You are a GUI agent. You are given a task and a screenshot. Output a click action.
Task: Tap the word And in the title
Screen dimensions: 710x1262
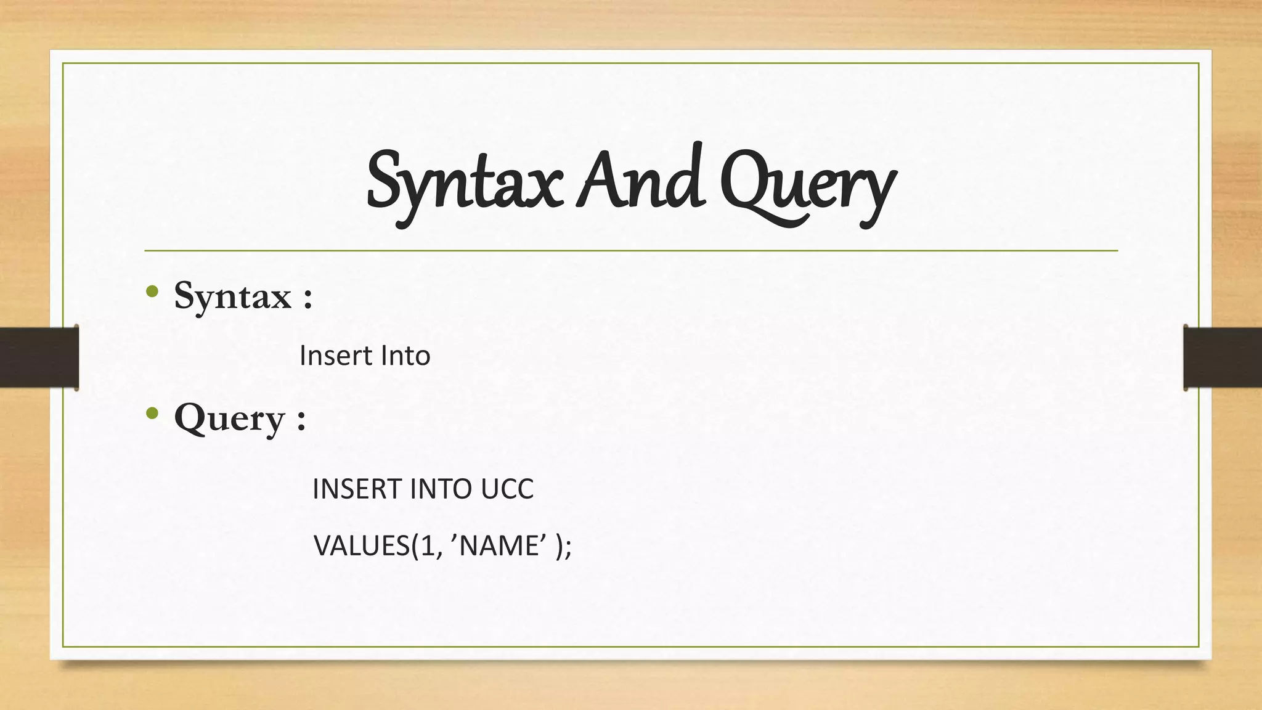(x=641, y=179)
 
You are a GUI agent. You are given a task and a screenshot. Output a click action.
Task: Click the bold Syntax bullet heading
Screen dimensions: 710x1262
(x=232, y=296)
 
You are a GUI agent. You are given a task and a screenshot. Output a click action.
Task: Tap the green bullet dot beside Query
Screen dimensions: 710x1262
(x=152, y=413)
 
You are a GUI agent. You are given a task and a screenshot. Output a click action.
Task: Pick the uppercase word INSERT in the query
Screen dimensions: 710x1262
(x=357, y=489)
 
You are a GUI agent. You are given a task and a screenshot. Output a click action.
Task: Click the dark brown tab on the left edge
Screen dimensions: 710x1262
(x=39, y=357)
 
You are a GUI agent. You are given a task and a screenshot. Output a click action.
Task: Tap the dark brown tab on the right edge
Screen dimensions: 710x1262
(x=1223, y=357)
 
